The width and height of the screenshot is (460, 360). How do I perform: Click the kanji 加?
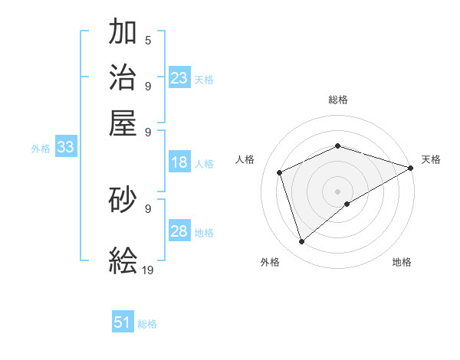123,32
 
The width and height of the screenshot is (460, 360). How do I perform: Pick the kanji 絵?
123,260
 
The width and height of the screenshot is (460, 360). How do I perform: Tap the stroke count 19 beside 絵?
149,270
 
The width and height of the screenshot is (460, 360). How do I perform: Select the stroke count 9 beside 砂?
147,208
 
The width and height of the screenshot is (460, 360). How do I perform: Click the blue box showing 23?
179,77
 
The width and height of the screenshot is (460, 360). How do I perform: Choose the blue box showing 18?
179,162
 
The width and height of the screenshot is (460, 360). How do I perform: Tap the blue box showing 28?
179,232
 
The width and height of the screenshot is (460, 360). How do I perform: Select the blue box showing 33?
65,148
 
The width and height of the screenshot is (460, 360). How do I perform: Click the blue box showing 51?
123,322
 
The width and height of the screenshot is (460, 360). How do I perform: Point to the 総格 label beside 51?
147,324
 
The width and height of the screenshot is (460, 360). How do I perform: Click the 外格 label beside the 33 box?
41,149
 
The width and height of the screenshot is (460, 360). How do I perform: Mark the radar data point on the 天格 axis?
411,169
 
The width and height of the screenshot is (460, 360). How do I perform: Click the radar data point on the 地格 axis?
347,204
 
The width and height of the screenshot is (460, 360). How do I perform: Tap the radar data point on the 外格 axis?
301,242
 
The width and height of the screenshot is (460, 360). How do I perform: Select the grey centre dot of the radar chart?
337,191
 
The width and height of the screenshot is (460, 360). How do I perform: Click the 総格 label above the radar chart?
337,100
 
